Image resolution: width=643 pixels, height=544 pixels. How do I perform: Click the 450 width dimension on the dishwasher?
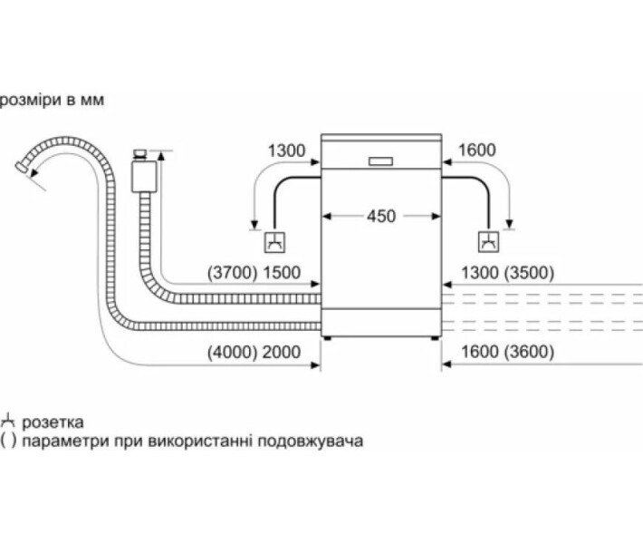pos(380,216)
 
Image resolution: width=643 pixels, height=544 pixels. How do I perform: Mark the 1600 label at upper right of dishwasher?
pos(477,151)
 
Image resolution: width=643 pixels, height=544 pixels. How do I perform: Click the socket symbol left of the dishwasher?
pos(274,242)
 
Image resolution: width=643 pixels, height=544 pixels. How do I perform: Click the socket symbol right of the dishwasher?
pos(487,242)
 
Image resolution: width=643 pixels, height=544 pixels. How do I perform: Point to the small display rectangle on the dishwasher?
pos(380,160)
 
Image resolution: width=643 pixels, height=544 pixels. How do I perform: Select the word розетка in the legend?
pos(55,423)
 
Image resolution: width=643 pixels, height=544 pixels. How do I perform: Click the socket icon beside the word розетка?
pos(9,422)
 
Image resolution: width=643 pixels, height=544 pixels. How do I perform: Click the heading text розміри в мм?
pos(53,100)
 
